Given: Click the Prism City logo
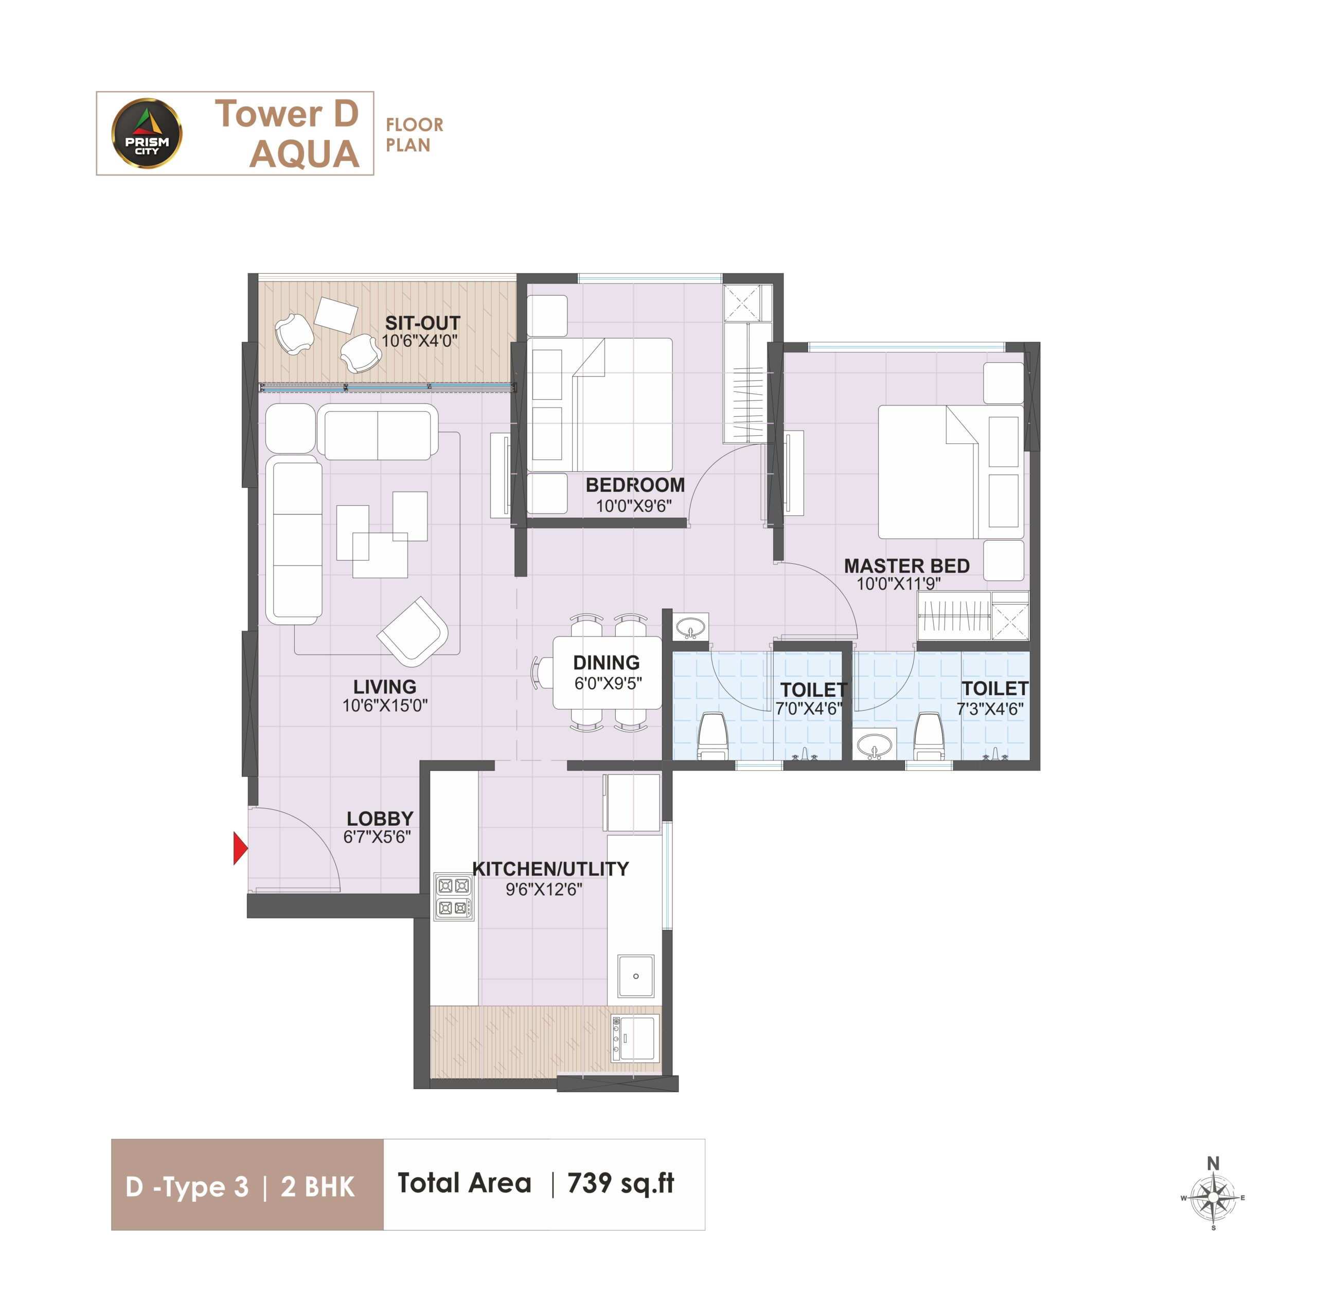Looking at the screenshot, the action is tap(147, 134).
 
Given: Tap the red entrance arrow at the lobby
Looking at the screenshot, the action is tap(240, 847).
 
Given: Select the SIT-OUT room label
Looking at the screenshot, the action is tap(423, 323).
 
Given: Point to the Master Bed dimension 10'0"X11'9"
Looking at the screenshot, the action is tap(898, 584).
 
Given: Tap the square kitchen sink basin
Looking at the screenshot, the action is tap(635, 976).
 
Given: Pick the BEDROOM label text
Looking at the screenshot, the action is tap(635, 485).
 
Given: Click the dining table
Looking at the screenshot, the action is tap(607, 673).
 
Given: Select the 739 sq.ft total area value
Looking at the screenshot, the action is tap(620, 1184).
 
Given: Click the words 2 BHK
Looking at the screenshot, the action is tap(317, 1187).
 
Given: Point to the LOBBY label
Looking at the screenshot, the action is tap(380, 818).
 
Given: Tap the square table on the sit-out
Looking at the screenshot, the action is tap(336, 315).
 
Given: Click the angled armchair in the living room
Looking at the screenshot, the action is tap(413, 631).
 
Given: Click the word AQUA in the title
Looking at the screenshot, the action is tap(304, 154).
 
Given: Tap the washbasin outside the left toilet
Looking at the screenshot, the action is tap(690, 627).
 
